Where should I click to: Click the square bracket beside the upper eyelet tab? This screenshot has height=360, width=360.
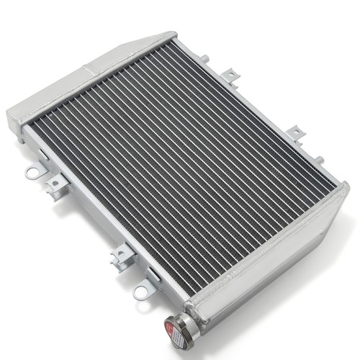pyautogui.click(x=55, y=186)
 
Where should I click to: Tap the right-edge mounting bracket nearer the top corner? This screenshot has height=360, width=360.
pyautogui.click(x=230, y=74)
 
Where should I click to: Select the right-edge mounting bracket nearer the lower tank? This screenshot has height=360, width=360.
pyautogui.click(x=295, y=134)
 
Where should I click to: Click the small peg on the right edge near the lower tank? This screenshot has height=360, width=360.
pyautogui.click(x=319, y=160)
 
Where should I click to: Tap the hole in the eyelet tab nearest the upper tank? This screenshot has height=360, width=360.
pyautogui.click(x=32, y=173)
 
